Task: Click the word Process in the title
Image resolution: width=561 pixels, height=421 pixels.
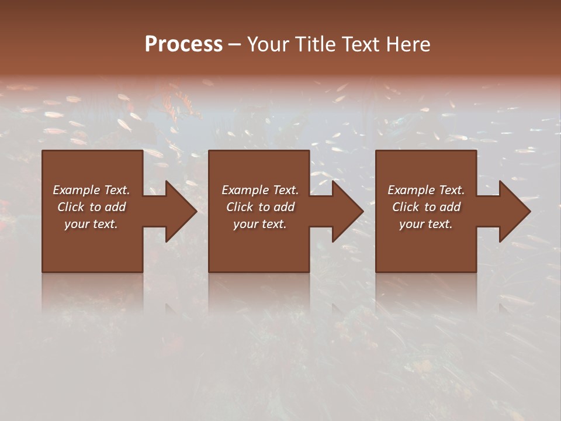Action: point(183,44)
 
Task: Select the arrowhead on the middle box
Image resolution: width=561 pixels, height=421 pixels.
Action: point(347,211)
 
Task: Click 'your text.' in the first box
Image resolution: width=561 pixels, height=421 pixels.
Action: point(91,224)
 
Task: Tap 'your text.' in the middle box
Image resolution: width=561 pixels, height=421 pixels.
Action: point(260,224)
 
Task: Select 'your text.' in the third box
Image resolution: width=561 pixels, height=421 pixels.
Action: point(426,224)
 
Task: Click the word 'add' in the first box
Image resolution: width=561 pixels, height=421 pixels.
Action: point(115,207)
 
